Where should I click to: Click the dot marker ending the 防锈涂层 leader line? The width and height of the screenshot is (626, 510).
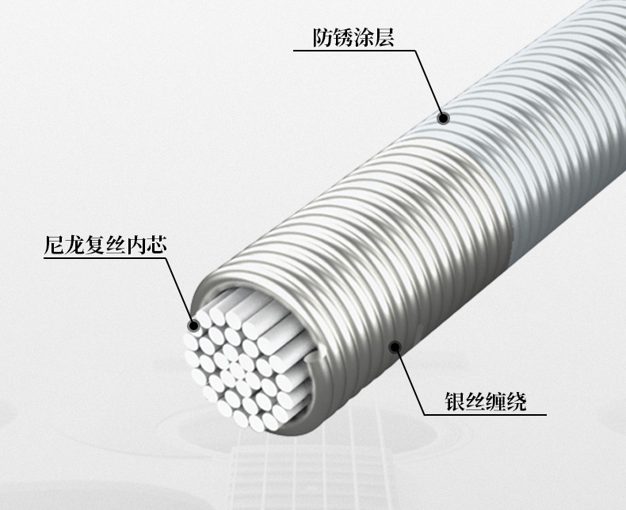click(x=444, y=119)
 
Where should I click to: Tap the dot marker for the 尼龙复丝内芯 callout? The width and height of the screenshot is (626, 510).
click(x=193, y=325)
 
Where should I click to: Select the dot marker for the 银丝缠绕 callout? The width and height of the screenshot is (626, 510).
click(x=395, y=344)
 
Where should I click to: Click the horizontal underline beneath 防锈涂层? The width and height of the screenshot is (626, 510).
click(x=353, y=51)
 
